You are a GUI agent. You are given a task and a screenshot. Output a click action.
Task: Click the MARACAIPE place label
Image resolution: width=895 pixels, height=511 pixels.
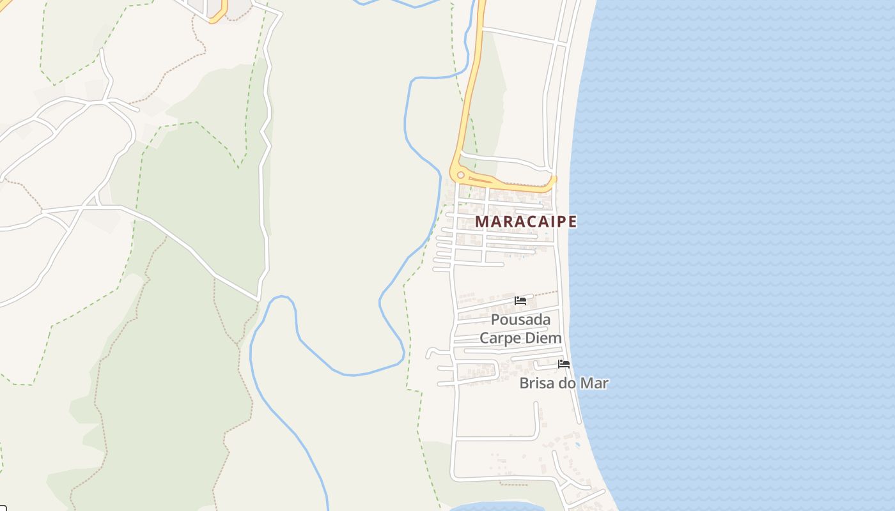coord(525,222)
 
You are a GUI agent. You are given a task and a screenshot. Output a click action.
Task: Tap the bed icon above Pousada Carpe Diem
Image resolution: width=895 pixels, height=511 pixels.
coord(520,301)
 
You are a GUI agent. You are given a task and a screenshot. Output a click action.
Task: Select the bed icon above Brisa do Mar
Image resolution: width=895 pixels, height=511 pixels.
coord(563,364)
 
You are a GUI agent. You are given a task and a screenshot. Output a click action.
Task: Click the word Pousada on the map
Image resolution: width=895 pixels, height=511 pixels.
coord(520,320)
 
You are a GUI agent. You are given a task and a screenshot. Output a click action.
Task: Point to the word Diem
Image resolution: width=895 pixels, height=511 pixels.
coord(545,339)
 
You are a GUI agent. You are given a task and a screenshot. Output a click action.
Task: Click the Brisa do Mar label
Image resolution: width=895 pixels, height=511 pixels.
coord(563,383)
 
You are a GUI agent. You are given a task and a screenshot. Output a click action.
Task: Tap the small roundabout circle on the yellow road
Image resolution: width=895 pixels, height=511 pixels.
coord(460,174)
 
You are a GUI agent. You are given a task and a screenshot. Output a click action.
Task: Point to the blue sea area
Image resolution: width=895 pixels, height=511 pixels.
coord(735,256)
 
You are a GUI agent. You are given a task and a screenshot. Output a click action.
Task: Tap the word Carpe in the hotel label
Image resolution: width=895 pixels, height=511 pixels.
coord(501,339)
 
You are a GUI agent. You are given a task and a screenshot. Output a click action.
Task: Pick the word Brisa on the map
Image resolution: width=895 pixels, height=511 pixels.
coord(537,383)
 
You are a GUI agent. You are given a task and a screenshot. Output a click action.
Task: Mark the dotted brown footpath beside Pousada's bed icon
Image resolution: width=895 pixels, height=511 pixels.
coord(543,294)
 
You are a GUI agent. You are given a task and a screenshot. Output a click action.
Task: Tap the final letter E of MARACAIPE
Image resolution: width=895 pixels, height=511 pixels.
coord(572,222)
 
